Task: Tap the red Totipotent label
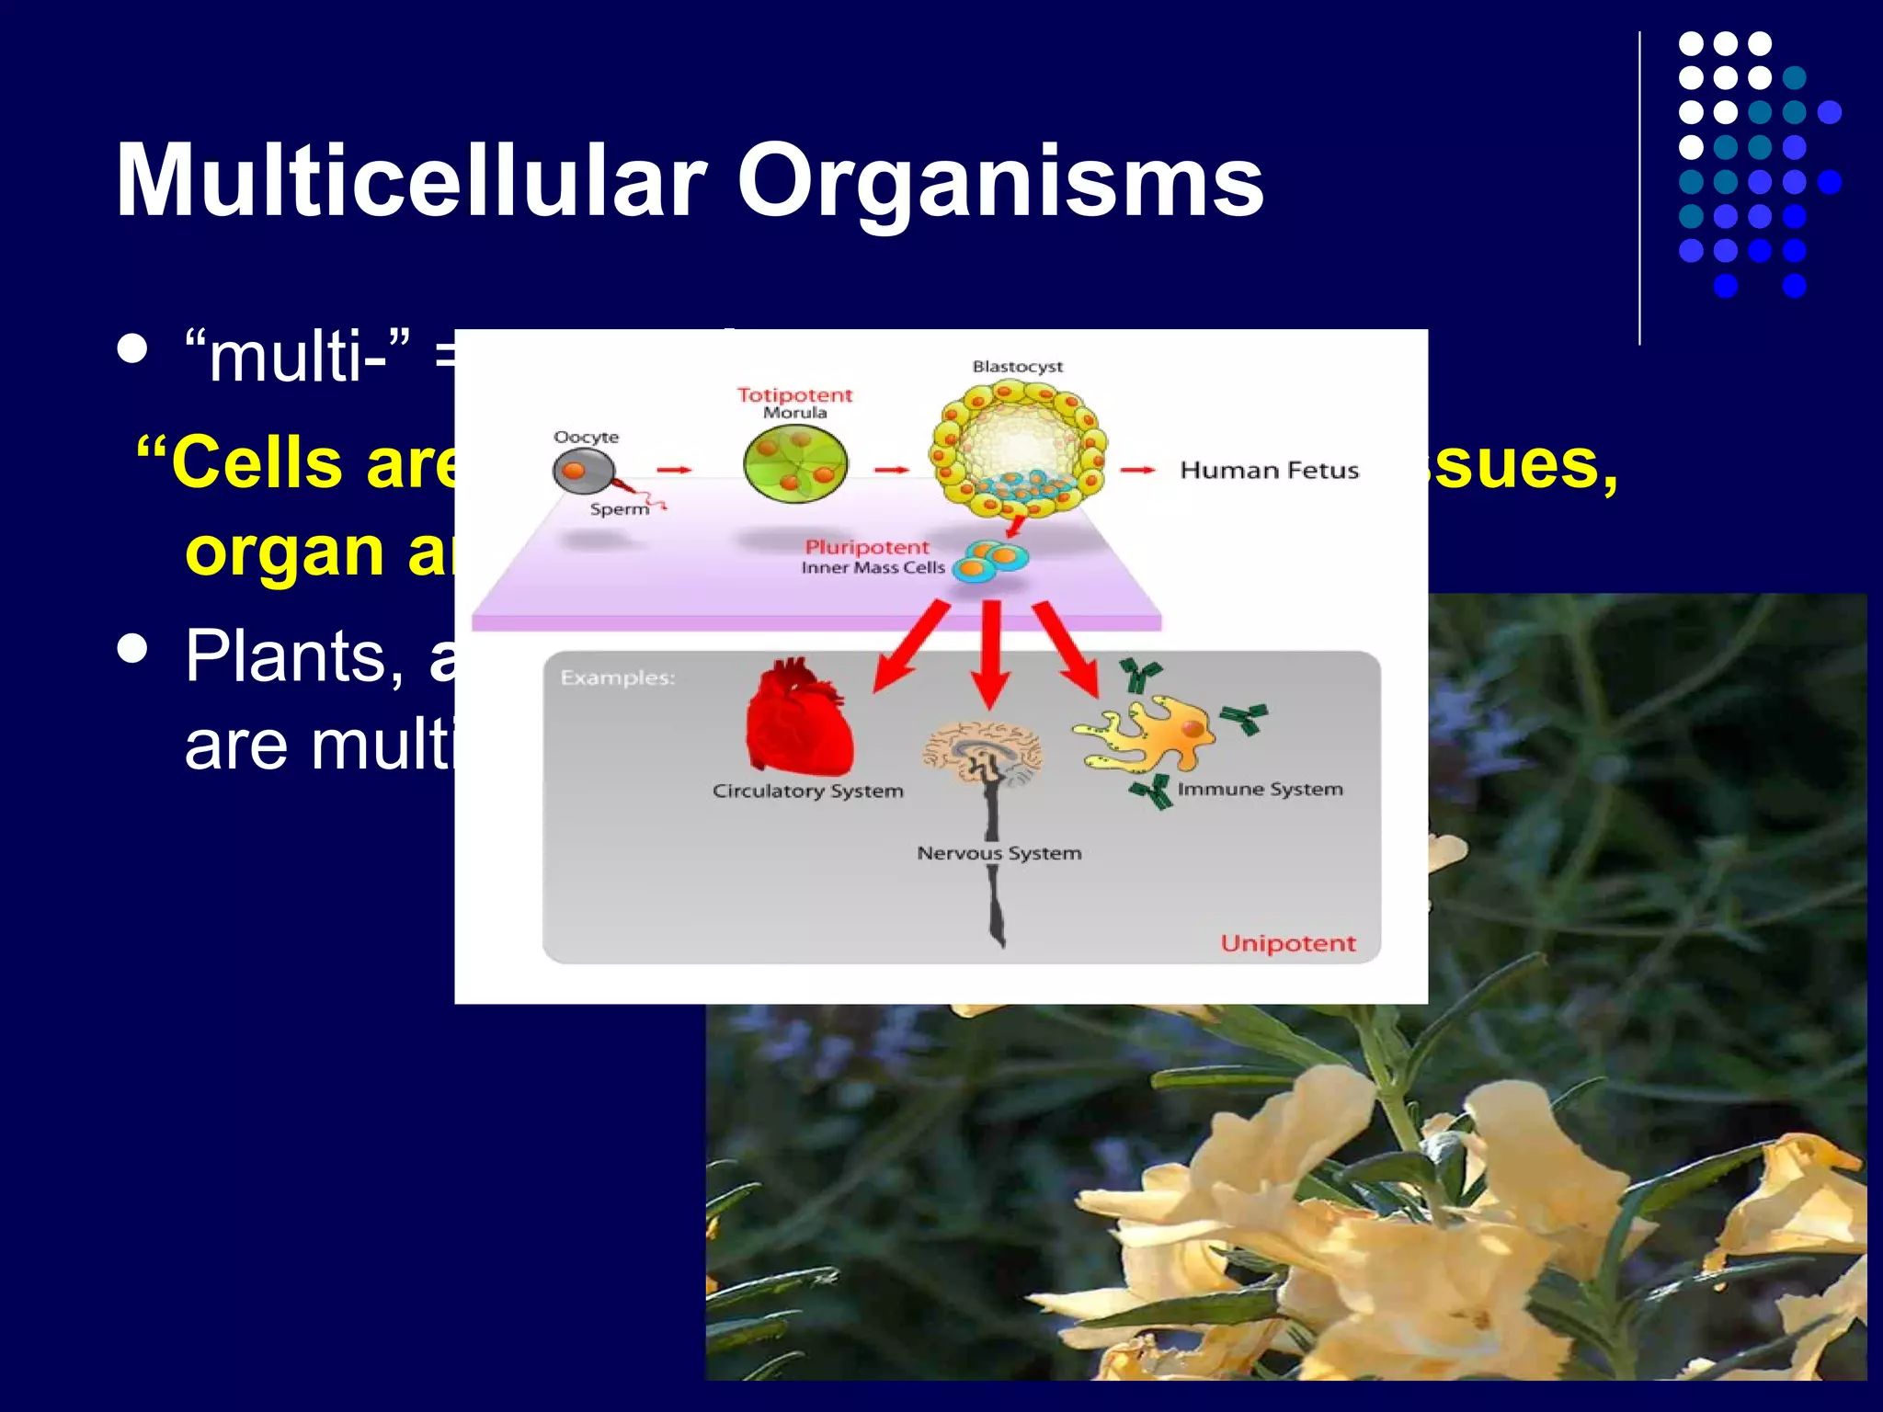[794, 395]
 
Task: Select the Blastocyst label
[1017, 367]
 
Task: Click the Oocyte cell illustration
[582, 472]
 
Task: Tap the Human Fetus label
[1269, 471]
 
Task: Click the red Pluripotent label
[866, 547]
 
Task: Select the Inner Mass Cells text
[873, 568]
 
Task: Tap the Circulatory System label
[807, 791]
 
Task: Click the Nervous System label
[999, 853]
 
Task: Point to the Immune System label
[1260, 789]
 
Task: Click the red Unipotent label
[1287, 943]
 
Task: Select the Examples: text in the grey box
[617, 678]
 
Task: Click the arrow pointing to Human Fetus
[1137, 471]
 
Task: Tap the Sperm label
[619, 509]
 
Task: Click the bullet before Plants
[133, 647]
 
